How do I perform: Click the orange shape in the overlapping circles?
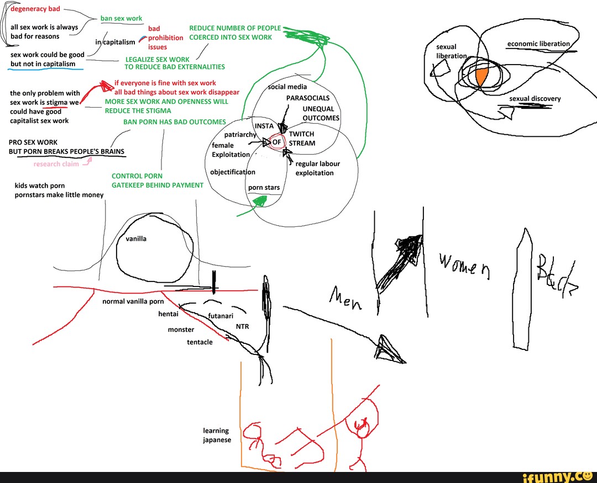(x=481, y=77)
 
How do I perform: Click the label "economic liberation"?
(x=538, y=44)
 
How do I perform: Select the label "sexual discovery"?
(x=535, y=99)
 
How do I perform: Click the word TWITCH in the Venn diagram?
(x=301, y=134)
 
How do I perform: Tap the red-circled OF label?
(x=277, y=142)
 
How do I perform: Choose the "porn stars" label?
(x=264, y=188)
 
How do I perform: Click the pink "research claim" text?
(x=56, y=164)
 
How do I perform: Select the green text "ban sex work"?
(x=121, y=18)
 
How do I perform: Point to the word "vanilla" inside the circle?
(x=136, y=239)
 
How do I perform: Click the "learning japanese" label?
(x=216, y=435)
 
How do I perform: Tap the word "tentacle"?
(x=200, y=342)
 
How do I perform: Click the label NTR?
(x=243, y=326)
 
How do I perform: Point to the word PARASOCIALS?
(x=308, y=98)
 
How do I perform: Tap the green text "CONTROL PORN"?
(x=137, y=176)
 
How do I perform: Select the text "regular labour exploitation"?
(x=318, y=168)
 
